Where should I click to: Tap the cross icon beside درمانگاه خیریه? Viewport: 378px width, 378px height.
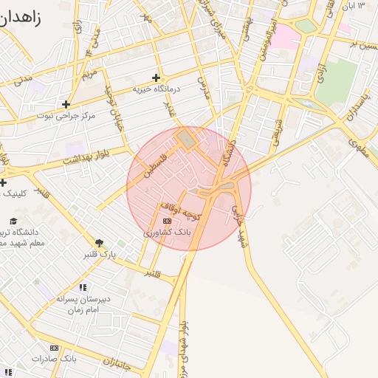156,78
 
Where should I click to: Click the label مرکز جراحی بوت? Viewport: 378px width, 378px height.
64,116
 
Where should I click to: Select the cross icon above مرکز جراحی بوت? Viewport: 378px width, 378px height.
66,104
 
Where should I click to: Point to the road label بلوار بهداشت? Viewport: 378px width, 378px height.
90,156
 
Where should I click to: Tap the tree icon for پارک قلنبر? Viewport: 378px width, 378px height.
99,242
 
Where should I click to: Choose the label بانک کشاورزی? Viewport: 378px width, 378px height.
168,232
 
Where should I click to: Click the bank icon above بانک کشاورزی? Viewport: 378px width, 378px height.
167,221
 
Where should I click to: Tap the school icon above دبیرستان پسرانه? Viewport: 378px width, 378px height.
83,286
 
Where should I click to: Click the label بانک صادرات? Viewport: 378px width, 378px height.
54,359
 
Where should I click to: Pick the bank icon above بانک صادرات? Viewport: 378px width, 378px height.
54,348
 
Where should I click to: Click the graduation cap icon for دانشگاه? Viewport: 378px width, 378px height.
13,221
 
